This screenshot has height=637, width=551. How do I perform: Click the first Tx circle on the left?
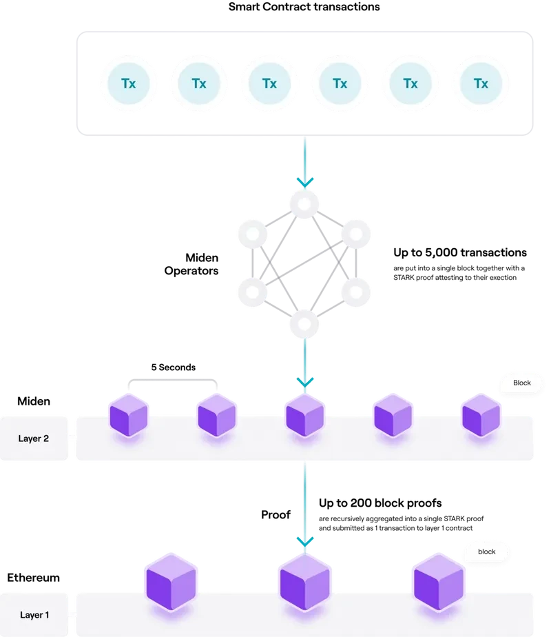[x=129, y=83]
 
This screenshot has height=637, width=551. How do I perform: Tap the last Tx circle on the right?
[x=481, y=83]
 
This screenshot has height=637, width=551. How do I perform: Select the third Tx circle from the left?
[x=269, y=83]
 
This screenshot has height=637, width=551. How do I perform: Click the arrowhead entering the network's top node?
[x=304, y=182]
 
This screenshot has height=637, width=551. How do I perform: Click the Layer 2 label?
[x=34, y=438]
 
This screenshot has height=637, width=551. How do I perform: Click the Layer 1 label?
[x=34, y=614]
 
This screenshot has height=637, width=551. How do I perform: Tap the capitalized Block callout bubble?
[x=522, y=383]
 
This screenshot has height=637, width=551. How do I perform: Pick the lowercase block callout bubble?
[x=487, y=552]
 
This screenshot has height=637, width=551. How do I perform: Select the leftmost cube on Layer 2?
[x=129, y=415]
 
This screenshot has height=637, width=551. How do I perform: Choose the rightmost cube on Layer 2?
[x=481, y=415]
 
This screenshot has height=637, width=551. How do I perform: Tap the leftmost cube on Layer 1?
[x=171, y=583]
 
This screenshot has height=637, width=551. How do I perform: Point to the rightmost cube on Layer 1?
[x=439, y=583]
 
